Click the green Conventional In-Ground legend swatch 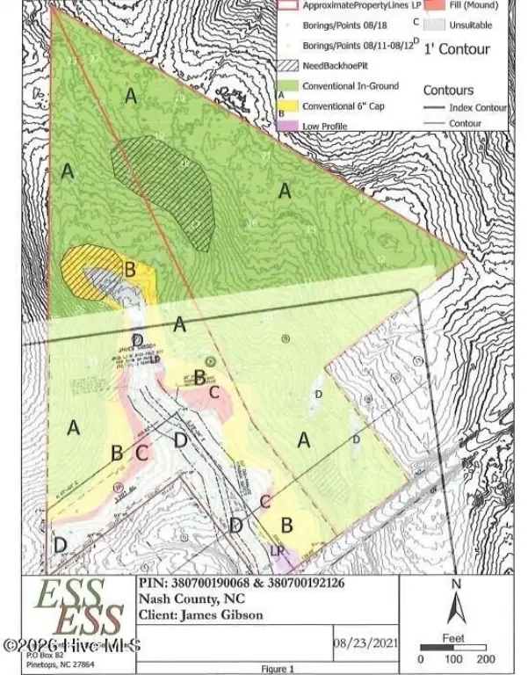pos(289,86)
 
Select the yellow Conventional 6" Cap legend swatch pos(289,106)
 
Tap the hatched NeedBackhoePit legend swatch pos(289,65)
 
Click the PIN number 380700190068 pos(210,582)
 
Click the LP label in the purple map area pos(278,551)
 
